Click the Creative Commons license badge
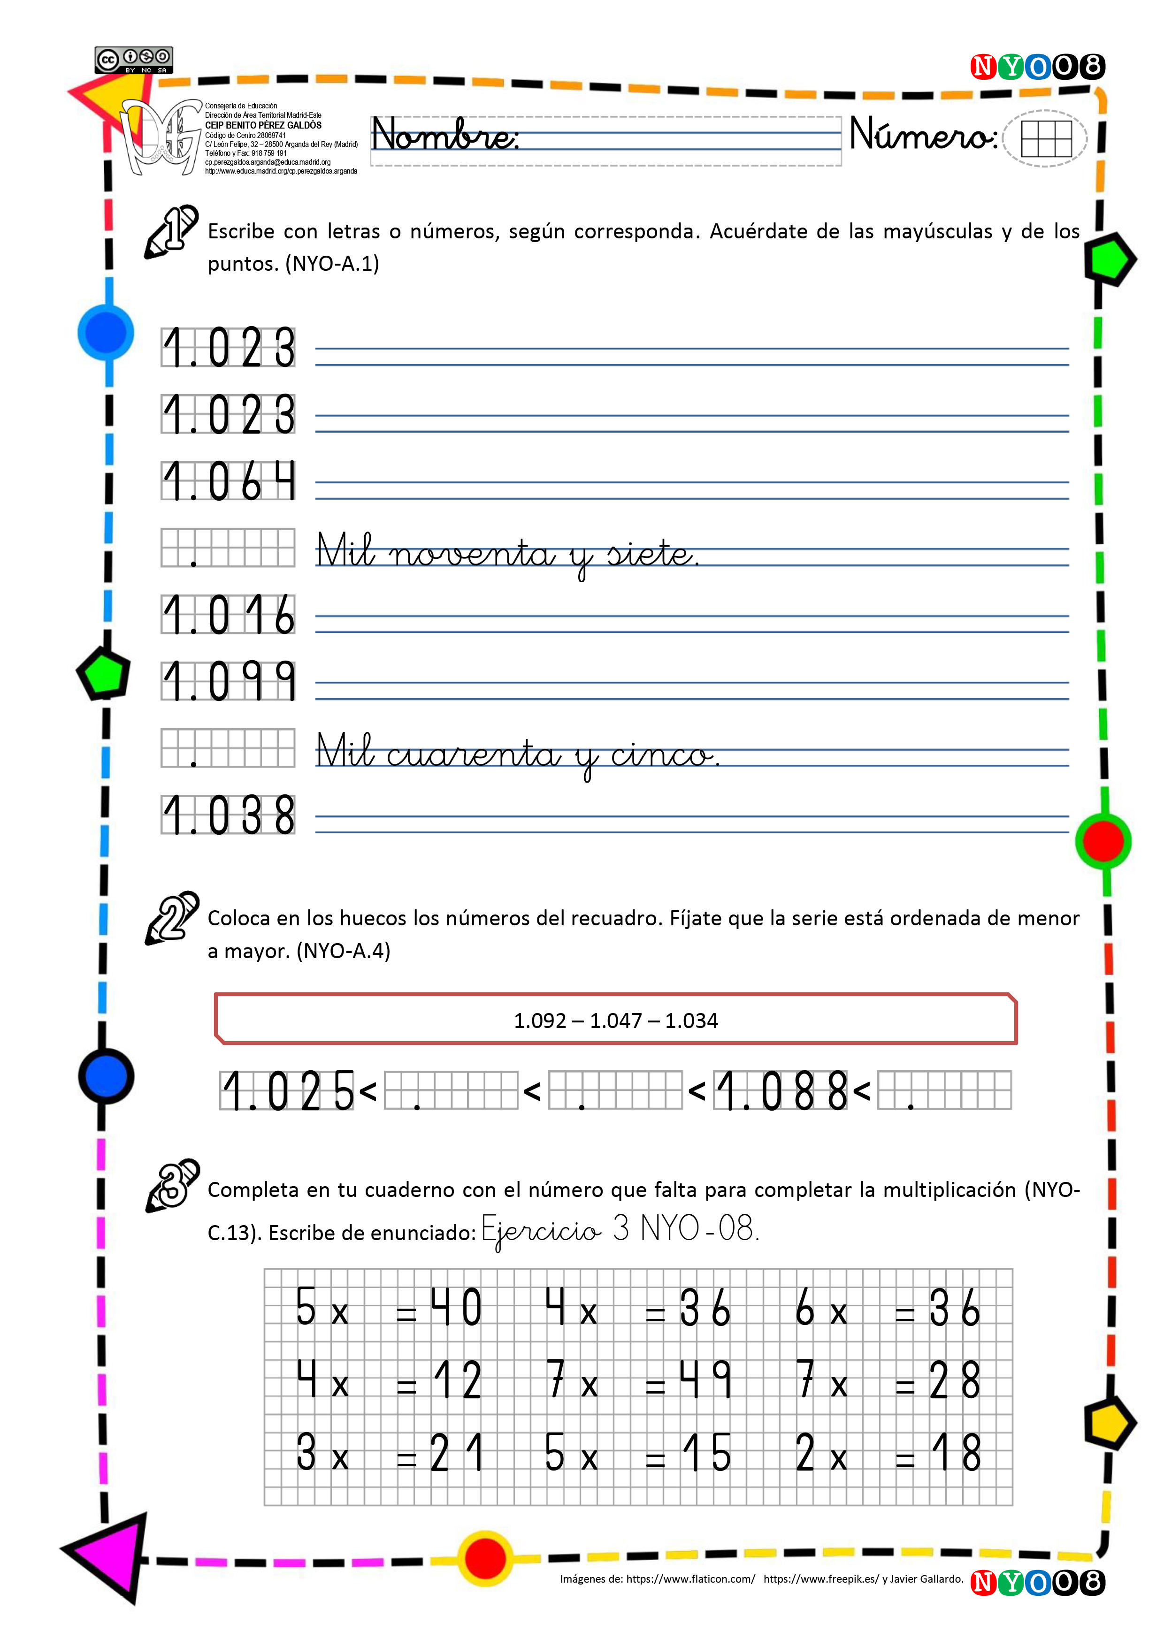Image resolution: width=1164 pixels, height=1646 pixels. click(133, 60)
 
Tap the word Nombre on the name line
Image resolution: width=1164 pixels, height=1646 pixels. click(444, 135)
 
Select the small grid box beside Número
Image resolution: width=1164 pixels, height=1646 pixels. click(1046, 138)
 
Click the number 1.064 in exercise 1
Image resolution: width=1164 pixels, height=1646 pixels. click(228, 480)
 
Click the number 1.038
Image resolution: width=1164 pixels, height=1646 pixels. click(228, 815)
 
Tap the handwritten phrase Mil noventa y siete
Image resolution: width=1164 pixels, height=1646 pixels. click(507, 554)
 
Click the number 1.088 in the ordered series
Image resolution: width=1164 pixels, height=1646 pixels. click(781, 1091)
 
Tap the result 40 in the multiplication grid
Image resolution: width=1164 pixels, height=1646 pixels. click(456, 1307)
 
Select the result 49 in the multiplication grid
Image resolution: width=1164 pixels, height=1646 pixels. click(705, 1379)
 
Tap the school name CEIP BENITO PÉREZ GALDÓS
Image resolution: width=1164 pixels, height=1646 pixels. click(263, 125)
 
